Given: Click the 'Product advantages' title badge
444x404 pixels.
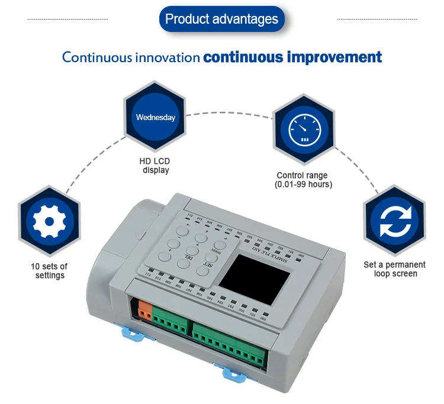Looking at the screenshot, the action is [x=221, y=19].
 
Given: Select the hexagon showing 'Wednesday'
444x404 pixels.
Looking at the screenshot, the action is [x=155, y=118].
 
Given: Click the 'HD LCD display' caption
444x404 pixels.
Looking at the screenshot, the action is [x=155, y=166].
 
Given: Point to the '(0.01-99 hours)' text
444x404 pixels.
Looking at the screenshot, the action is [x=303, y=185].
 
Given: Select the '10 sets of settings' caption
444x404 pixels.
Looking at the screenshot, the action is [x=49, y=271].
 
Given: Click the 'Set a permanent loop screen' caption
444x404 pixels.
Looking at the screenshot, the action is [x=395, y=269].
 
